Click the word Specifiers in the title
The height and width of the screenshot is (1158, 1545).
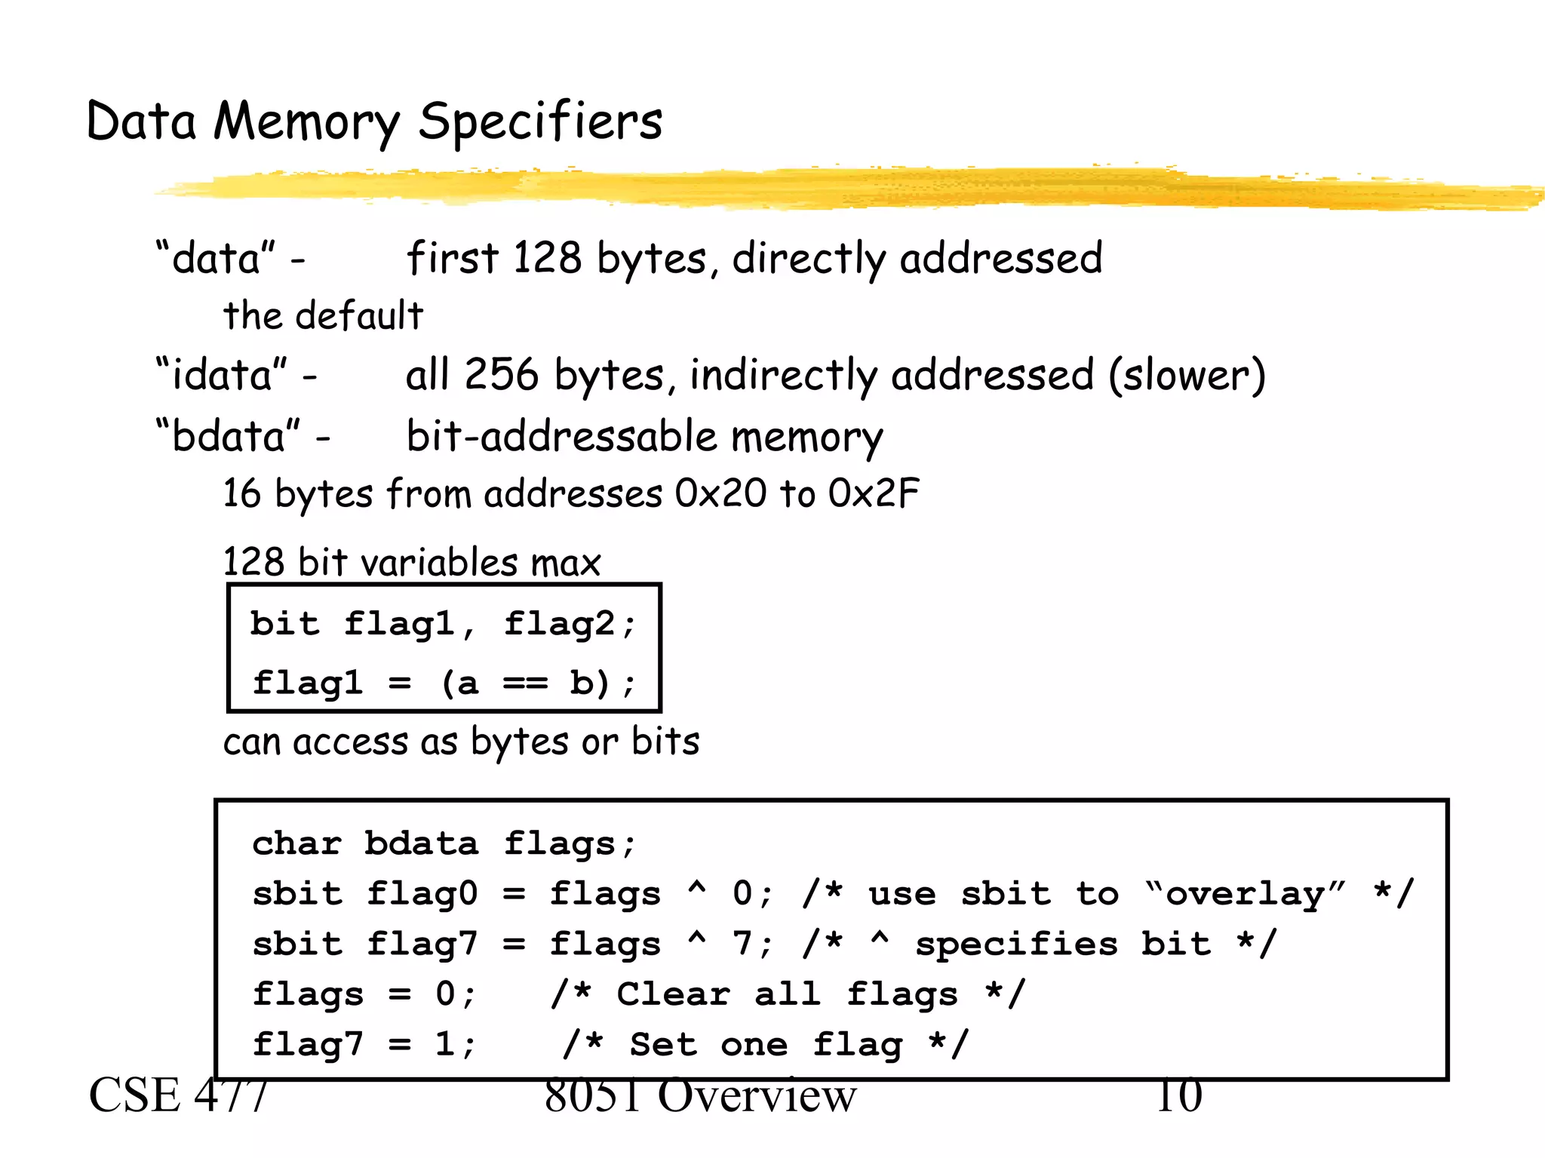point(540,122)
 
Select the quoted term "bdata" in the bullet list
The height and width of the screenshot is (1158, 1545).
point(228,437)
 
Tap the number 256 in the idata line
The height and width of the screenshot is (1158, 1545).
point(502,375)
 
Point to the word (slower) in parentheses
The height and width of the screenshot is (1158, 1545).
point(1187,375)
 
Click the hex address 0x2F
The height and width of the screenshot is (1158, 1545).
point(874,494)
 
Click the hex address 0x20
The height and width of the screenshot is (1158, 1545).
point(720,494)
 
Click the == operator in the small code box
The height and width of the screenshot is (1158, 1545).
point(525,683)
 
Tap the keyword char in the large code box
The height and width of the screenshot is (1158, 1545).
point(296,843)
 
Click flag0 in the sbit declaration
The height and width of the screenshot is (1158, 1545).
point(422,894)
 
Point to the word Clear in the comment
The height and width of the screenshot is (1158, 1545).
point(673,994)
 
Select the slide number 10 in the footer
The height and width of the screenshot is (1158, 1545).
point(1179,1096)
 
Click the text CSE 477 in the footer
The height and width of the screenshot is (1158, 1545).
point(178,1096)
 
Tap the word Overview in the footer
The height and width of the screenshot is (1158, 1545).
point(757,1096)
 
